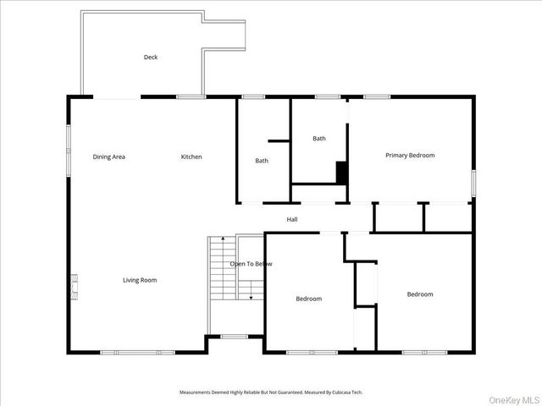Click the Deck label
pyautogui.click(x=150, y=58)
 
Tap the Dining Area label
pyautogui.click(x=109, y=156)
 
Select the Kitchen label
pyautogui.click(x=191, y=156)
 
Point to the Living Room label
pyautogui.click(x=140, y=280)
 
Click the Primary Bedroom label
pyautogui.click(x=410, y=155)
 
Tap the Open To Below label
pyautogui.click(x=252, y=264)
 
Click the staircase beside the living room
pyautogui.click(x=221, y=267)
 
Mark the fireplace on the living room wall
pyautogui.click(x=75, y=286)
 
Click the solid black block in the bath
pyautogui.click(x=342, y=172)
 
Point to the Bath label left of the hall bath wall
pyautogui.click(x=262, y=161)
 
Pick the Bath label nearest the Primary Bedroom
pyautogui.click(x=318, y=139)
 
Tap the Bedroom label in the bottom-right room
pyautogui.click(x=420, y=294)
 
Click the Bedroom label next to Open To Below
pyautogui.click(x=308, y=299)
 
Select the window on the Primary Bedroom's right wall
pyautogui.click(x=473, y=183)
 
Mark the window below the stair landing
pyautogui.click(x=235, y=337)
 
